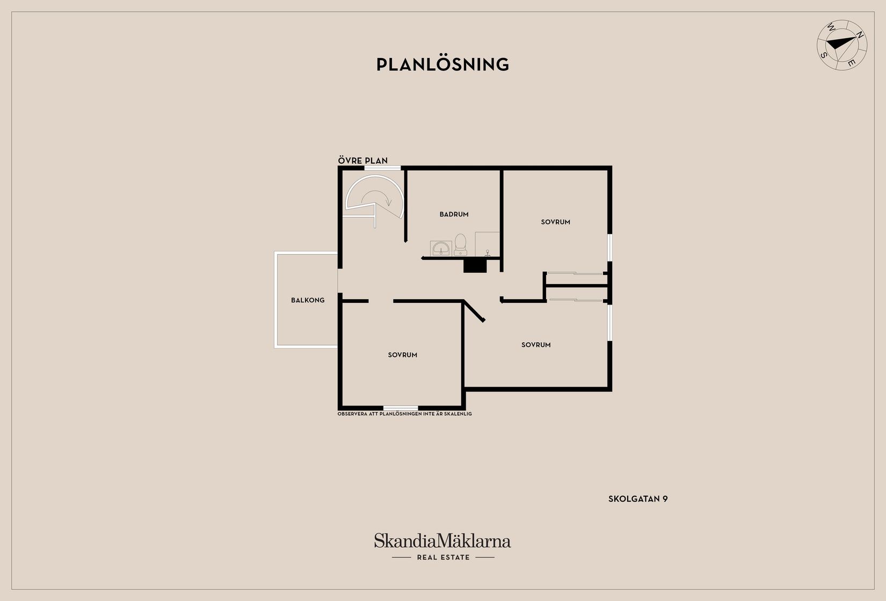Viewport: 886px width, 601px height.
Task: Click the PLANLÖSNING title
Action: [442, 64]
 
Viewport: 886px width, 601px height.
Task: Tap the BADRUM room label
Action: [454, 214]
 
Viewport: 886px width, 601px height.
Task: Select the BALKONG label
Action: [308, 300]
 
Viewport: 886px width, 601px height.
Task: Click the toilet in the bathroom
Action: [460, 245]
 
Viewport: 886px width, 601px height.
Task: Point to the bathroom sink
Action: [441, 249]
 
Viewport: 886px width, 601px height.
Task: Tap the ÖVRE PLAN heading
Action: [362, 161]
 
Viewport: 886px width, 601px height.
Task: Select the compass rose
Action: [842, 45]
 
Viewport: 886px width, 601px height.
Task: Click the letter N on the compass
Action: [860, 35]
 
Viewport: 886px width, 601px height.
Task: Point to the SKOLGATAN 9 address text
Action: [638, 499]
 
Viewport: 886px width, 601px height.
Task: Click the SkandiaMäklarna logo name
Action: [442, 541]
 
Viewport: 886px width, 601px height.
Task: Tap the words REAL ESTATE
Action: [444, 557]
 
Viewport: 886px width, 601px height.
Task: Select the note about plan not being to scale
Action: [405, 414]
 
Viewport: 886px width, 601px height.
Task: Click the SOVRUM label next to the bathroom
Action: [556, 222]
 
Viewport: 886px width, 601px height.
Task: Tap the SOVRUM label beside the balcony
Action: [403, 356]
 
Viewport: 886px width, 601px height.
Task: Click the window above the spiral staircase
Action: [382, 168]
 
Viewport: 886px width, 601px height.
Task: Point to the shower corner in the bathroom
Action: [488, 244]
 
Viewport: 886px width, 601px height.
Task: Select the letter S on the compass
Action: [824, 55]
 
